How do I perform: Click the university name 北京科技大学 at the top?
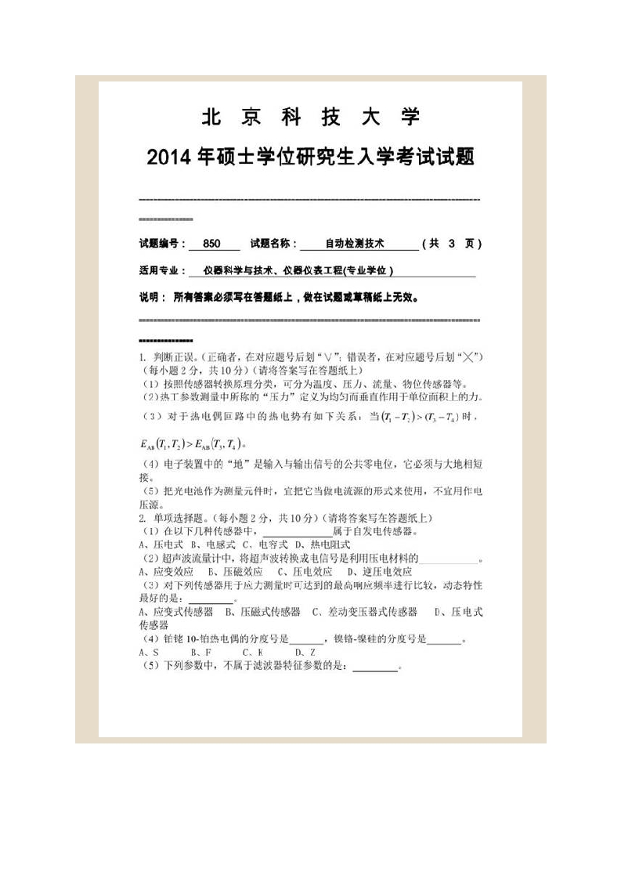311,118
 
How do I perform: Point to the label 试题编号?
160,244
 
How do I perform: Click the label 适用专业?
160,271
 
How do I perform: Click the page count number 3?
452,244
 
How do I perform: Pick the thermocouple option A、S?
149,652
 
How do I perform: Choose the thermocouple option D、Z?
305,652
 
